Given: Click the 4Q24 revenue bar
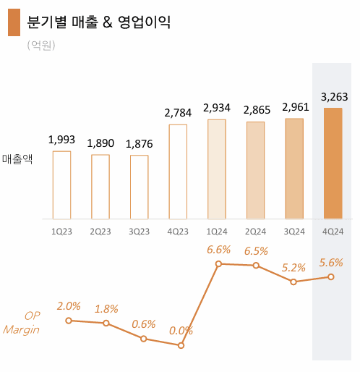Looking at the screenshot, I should [x=333, y=164].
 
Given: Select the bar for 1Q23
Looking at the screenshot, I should [x=61, y=185].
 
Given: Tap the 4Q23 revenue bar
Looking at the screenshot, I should [x=178, y=172].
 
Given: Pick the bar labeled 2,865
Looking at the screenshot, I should [x=255, y=170].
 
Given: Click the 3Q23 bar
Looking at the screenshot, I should [x=139, y=187].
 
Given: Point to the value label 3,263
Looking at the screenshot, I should [x=333, y=96].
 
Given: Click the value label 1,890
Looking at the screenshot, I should [x=100, y=143].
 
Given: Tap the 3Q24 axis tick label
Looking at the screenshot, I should [x=293, y=232].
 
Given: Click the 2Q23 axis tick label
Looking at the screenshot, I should [x=100, y=232].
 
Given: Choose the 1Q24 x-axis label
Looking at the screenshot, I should [x=216, y=232].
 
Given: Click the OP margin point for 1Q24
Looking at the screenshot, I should [x=218, y=264].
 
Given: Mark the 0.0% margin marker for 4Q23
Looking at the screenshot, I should [x=181, y=345].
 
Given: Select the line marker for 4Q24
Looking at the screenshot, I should [x=331, y=276].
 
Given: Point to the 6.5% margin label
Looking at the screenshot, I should [x=256, y=251].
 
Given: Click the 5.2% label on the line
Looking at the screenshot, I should [x=293, y=267].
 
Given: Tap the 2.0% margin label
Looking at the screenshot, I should [x=69, y=306].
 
